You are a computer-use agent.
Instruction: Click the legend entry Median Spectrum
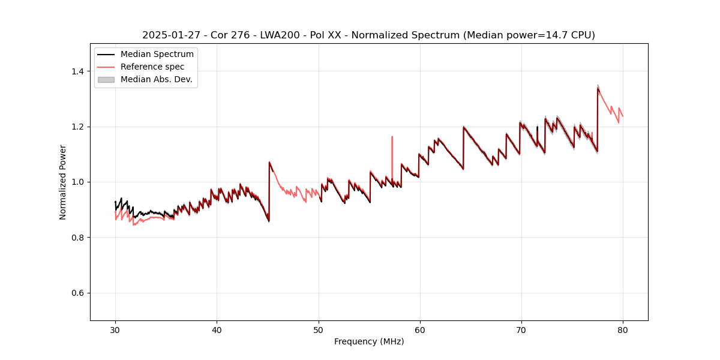click(x=157, y=55)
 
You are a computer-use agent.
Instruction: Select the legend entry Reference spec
click(x=152, y=67)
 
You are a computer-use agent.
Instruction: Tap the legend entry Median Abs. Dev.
click(x=156, y=79)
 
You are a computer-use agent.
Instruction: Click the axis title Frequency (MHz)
click(x=369, y=341)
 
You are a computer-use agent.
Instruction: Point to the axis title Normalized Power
click(x=63, y=182)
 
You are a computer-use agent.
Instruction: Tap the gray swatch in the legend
click(x=106, y=79)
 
